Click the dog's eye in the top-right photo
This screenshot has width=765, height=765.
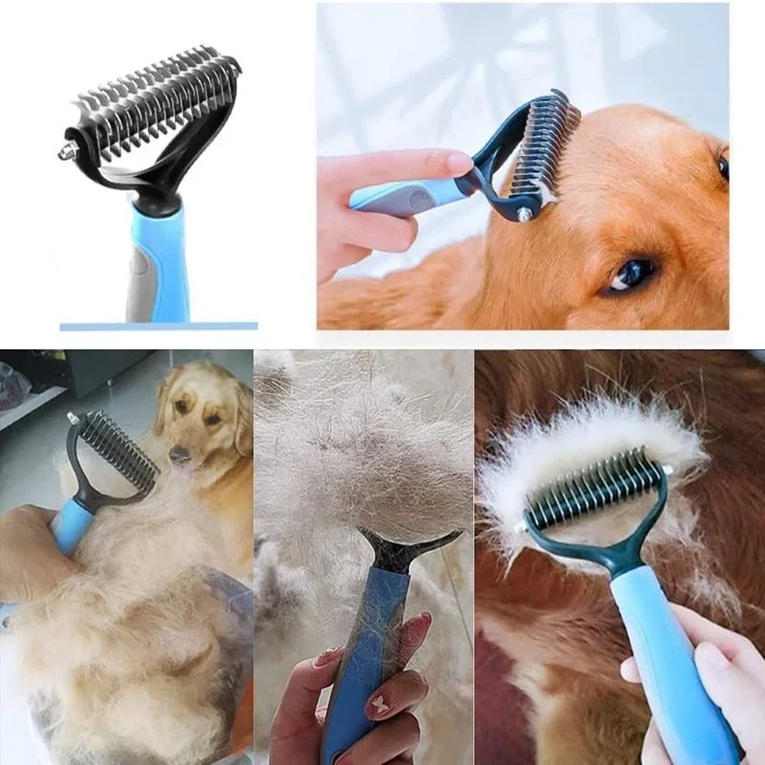pos(633,273)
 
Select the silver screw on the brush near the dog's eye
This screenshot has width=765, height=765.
pos(525,215)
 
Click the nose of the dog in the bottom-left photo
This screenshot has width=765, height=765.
pos(178,457)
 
